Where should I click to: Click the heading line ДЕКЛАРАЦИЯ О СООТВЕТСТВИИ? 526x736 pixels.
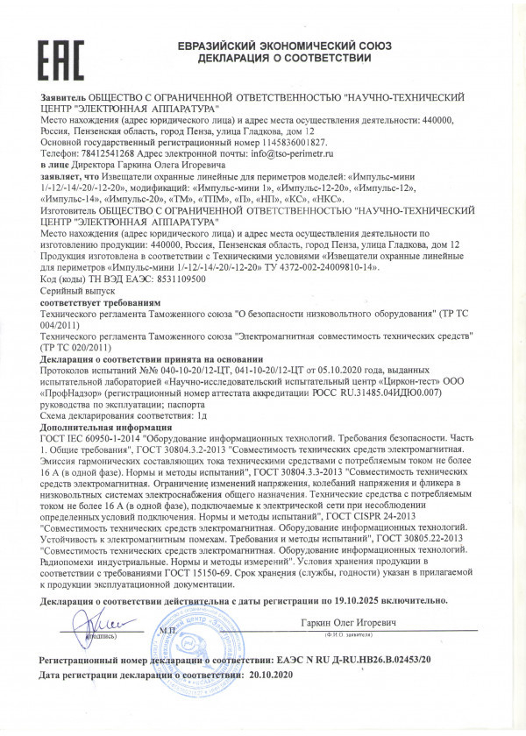285,58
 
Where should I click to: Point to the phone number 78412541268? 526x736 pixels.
99,151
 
